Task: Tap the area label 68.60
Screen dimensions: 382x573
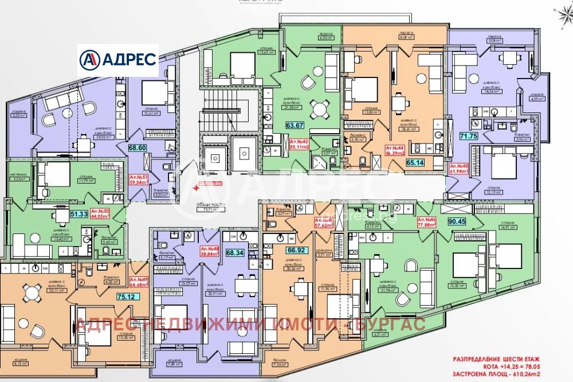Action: point(137,148)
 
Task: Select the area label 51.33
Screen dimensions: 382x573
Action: point(79,214)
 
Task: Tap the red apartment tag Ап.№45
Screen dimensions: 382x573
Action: point(458,167)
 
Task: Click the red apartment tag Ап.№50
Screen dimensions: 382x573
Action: point(101,214)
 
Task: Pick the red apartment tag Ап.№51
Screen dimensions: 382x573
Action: point(138,181)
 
